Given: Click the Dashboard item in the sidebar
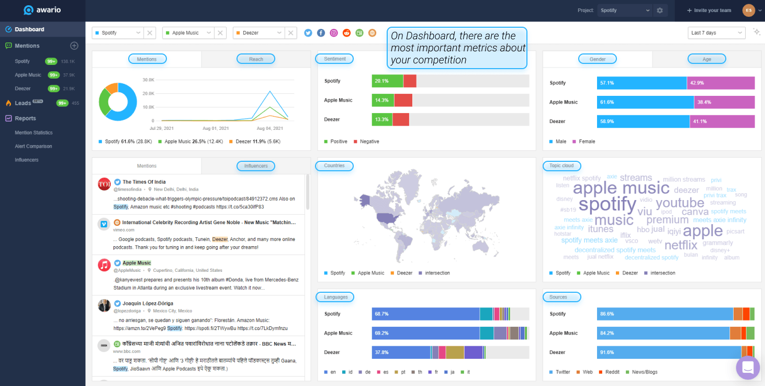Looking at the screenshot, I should [29, 29].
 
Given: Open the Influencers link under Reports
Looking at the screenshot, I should [27, 160].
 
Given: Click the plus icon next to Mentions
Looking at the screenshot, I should [74, 46].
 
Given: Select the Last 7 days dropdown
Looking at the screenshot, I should [716, 32].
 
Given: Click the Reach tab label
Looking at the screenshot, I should [256, 59].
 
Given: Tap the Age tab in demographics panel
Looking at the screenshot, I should [706, 59].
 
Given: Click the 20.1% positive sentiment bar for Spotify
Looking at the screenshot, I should [387, 81].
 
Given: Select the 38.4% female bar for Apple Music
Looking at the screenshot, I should [724, 102].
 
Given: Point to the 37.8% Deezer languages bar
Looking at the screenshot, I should [401, 352].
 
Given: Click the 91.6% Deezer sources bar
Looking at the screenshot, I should [669, 352].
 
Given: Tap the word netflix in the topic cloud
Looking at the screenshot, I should [681, 245].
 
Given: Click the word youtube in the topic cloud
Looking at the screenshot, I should [680, 203].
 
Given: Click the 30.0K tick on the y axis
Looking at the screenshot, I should [148, 80].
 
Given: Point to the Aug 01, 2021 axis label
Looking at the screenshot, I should [216, 128].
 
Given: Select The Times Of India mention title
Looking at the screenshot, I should [144, 182].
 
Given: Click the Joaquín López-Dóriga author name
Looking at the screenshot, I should [148, 303].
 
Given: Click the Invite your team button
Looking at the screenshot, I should [709, 10].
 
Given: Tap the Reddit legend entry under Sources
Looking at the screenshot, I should [612, 372].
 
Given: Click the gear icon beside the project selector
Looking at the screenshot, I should [660, 10].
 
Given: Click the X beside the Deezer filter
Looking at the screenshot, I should [291, 32].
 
